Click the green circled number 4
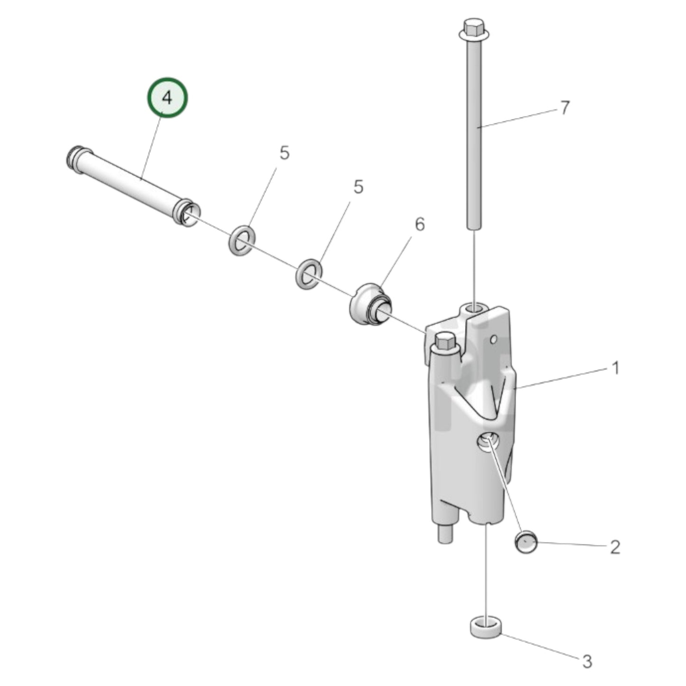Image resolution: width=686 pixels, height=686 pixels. (167, 98)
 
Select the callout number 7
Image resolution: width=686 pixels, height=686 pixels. (564, 108)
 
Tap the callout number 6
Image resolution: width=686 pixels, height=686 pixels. (420, 224)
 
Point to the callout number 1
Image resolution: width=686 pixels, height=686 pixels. (615, 368)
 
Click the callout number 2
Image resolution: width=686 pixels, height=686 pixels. (614, 547)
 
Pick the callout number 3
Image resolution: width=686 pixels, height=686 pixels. (587, 661)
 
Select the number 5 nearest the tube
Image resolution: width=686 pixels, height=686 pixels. (284, 153)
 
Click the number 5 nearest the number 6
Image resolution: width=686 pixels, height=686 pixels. (358, 187)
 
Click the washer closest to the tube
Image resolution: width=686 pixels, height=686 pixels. (243, 240)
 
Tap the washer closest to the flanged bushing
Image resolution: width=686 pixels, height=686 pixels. (309, 273)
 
